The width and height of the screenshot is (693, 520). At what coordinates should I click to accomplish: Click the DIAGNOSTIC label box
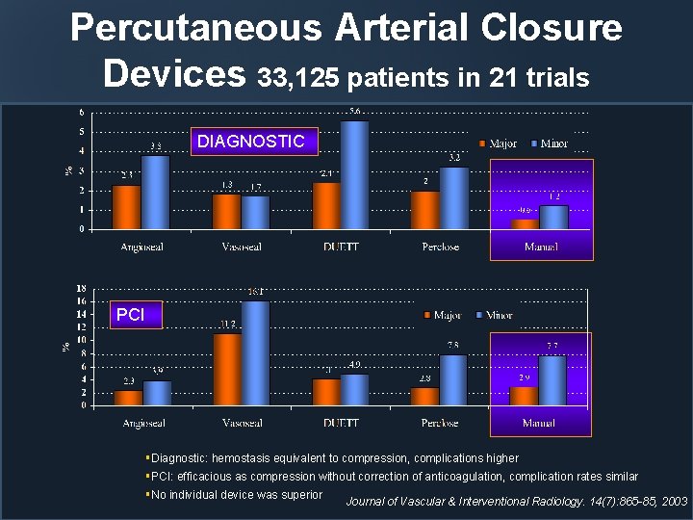click(251, 142)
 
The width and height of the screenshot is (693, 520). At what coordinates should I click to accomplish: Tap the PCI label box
click(129, 315)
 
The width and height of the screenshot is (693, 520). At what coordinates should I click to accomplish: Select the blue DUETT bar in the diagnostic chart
click(354, 175)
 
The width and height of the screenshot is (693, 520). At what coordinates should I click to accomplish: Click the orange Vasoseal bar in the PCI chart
click(227, 369)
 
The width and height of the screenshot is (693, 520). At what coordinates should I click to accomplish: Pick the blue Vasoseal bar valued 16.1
click(256, 352)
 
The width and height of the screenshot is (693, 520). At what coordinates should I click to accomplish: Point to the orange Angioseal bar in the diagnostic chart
click(127, 207)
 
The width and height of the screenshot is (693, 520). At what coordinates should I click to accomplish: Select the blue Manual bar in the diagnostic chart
click(553, 218)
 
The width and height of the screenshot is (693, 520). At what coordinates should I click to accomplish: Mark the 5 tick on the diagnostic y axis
click(80, 132)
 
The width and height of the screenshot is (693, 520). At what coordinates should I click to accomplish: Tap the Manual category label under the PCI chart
click(538, 423)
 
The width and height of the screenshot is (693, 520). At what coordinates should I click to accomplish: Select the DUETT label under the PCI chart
click(341, 423)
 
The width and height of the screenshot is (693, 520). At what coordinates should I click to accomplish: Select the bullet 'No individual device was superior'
click(236, 494)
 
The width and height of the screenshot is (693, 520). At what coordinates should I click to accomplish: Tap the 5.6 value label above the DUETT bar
click(355, 112)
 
